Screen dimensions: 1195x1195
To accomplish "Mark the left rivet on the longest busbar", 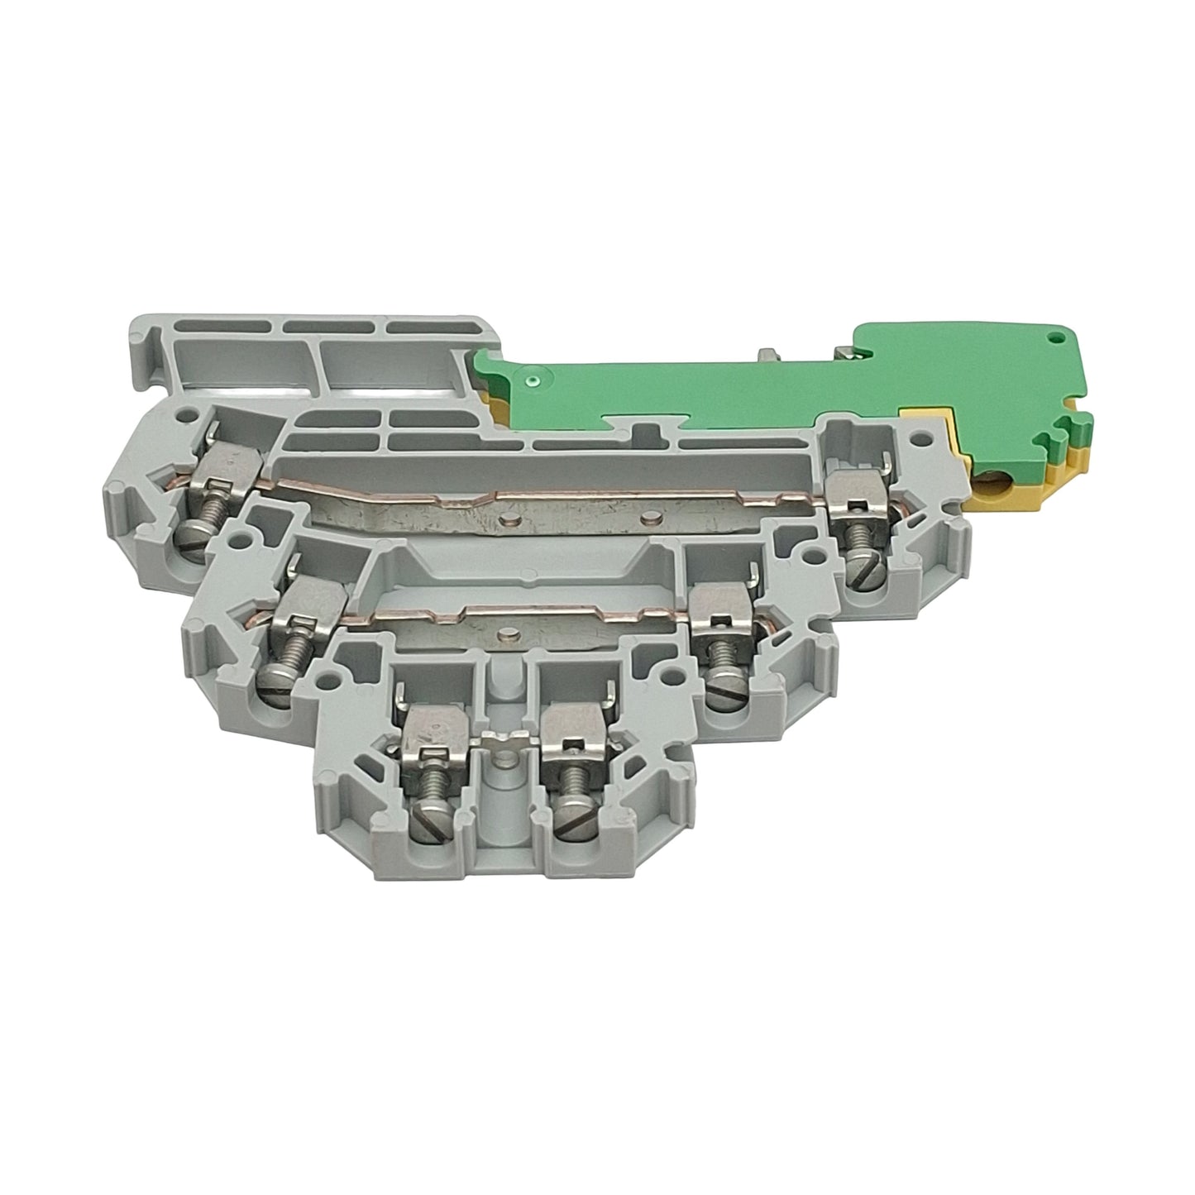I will tap(509, 522).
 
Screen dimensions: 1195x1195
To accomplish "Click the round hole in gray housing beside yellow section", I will tap(914, 438).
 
